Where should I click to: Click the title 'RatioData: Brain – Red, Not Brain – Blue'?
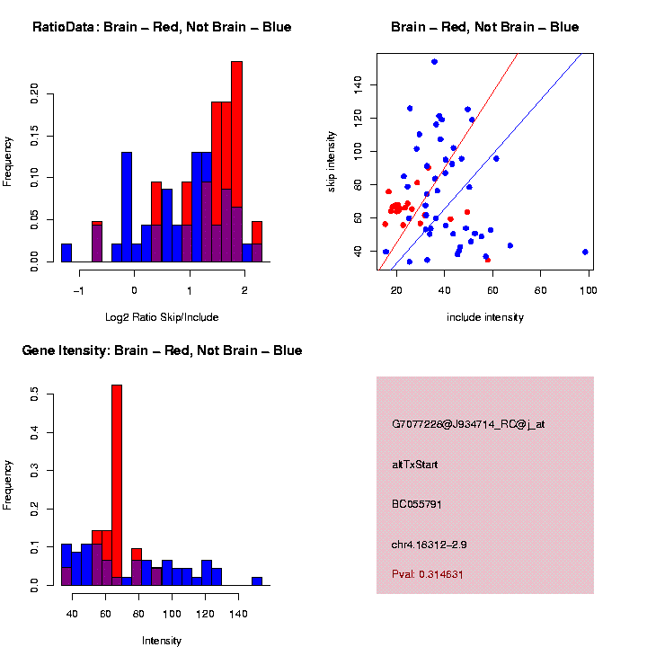tap(162, 28)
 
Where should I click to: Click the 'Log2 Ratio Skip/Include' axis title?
tap(161, 317)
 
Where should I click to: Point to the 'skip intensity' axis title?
tap(332, 161)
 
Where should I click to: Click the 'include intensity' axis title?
tap(485, 317)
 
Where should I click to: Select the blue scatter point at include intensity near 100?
tap(585, 252)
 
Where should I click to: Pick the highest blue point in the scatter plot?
tap(434, 62)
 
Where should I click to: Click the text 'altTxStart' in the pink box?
tap(415, 465)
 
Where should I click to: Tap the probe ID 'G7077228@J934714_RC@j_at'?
tap(468, 424)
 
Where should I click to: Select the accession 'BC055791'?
tap(417, 504)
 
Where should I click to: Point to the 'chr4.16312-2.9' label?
tap(429, 545)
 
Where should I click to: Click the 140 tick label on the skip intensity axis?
tap(358, 84)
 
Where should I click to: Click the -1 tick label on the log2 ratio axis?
tap(78, 290)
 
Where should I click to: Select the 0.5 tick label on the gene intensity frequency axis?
tap(35, 394)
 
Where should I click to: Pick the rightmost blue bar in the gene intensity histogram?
tap(257, 581)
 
